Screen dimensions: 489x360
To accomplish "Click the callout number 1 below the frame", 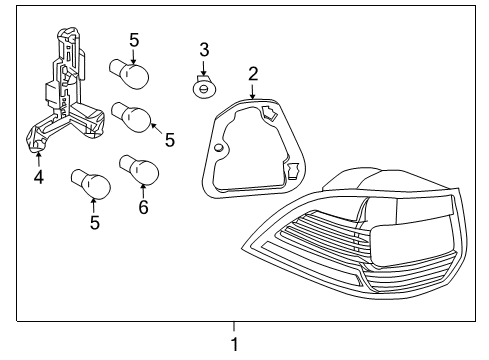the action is click(x=235, y=344).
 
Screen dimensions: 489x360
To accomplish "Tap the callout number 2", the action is click(x=253, y=74).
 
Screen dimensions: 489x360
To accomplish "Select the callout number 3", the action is click(x=204, y=50).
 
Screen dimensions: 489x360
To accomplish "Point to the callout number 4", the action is click(x=39, y=177).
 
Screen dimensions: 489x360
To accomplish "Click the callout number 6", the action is click(x=143, y=207).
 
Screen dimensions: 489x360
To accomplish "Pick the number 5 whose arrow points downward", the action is click(x=134, y=40).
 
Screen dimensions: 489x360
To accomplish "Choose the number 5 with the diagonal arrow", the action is click(x=170, y=140).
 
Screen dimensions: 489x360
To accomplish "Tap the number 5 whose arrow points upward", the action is click(x=95, y=222).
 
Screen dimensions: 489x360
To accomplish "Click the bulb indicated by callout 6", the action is click(x=139, y=170).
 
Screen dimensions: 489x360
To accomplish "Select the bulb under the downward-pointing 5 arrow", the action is click(x=129, y=74).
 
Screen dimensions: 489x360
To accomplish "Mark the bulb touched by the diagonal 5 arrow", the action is click(x=131, y=117).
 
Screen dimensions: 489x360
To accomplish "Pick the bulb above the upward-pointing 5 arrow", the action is click(x=91, y=184).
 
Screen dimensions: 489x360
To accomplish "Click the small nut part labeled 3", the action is click(x=204, y=88).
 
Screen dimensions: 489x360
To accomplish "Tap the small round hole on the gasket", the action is click(x=219, y=148).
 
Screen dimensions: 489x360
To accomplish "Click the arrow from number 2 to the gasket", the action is click(x=253, y=92).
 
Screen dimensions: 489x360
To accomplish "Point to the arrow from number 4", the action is click(x=39, y=159).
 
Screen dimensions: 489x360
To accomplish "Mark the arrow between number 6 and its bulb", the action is click(x=143, y=191).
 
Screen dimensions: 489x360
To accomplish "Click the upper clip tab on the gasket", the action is click(x=269, y=113).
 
